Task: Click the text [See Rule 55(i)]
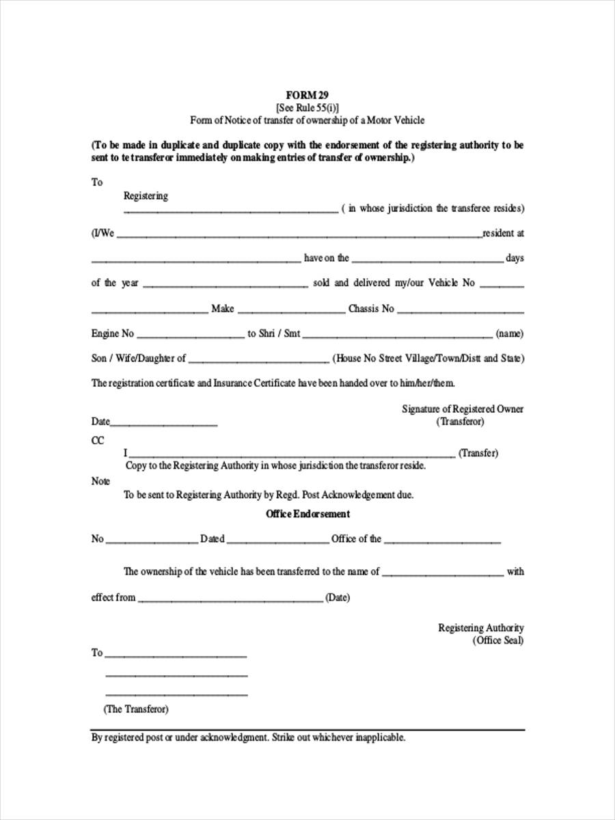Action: click(307, 107)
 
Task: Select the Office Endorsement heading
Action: click(307, 514)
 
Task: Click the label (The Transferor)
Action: click(136, 709)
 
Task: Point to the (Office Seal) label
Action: click(498, 640)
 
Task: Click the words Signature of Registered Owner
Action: click(463, 409)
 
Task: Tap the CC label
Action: click(98, 441)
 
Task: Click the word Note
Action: click(100, 481)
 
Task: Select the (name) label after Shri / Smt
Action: click(510, 334)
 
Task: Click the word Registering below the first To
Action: click(146, 196)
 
